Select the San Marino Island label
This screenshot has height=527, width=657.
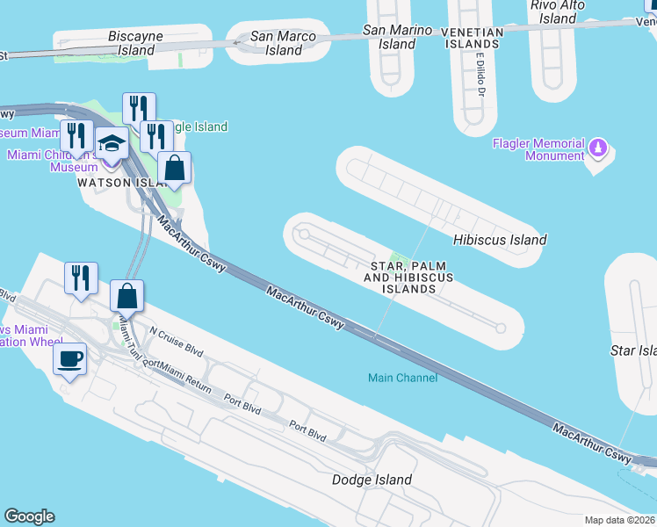398,37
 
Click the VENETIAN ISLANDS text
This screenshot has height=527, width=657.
472,37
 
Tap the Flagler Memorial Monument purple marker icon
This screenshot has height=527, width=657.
599,146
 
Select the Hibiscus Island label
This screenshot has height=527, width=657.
500,240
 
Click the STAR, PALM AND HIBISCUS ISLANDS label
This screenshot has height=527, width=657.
408,277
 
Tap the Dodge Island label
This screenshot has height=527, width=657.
372,480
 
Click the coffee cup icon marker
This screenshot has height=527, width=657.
69,358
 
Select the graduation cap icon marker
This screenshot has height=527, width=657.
112,144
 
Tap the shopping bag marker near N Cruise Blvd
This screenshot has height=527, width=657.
127,296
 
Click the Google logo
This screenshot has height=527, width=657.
29,516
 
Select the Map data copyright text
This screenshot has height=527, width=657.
620,520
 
